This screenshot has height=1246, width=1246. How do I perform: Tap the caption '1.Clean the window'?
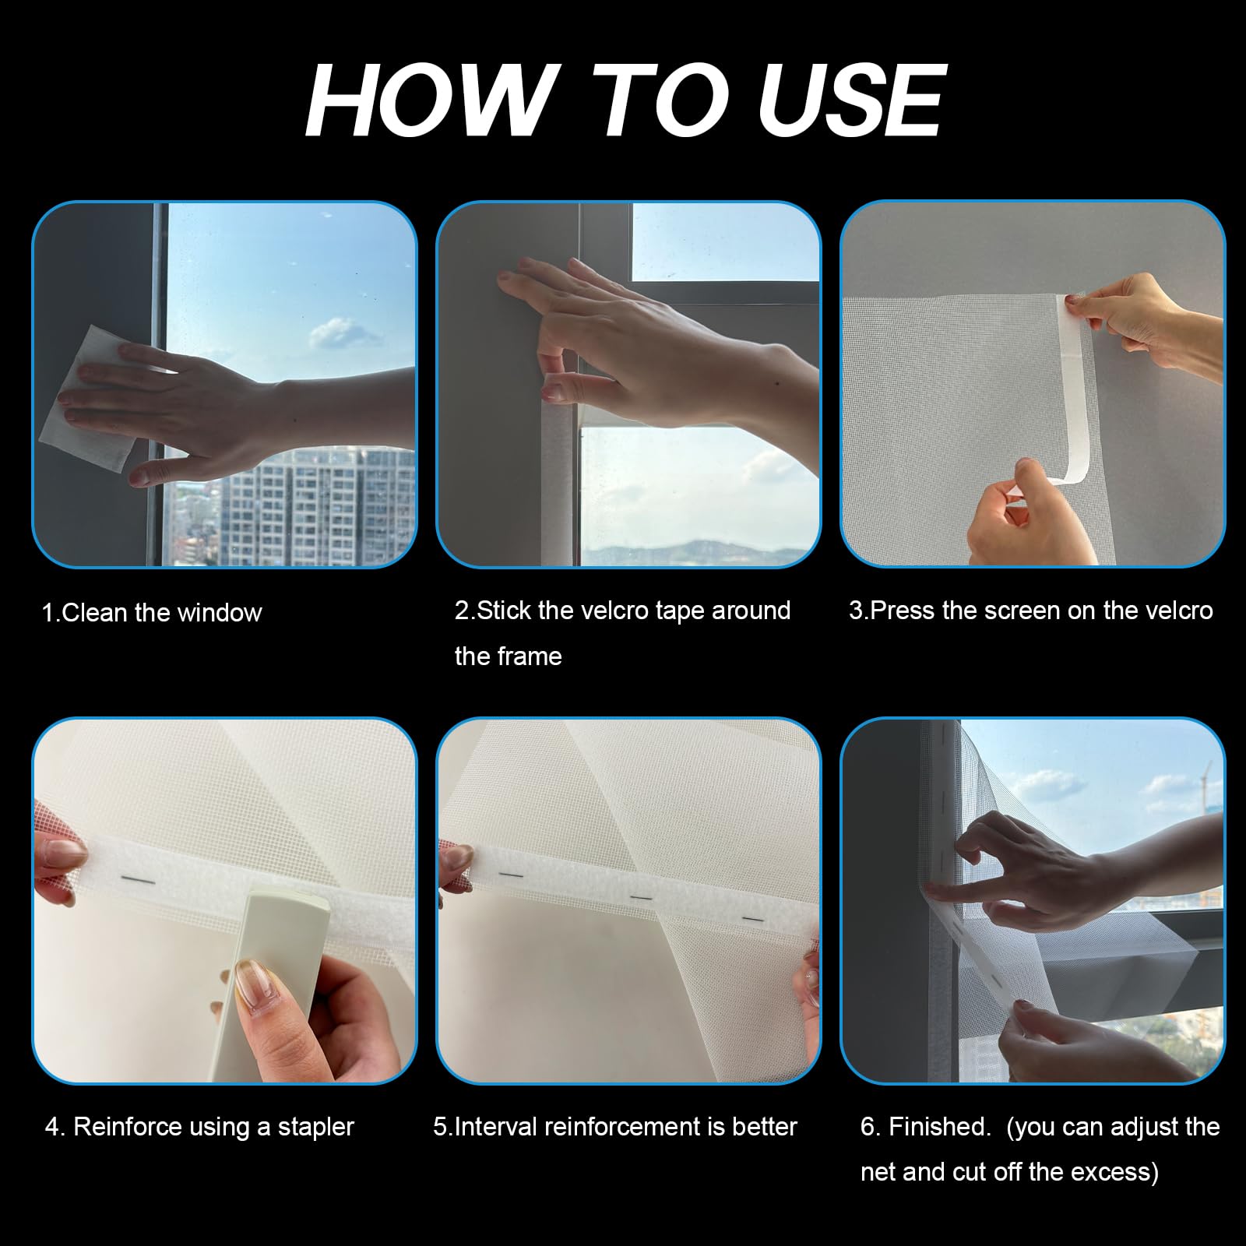(152, 613)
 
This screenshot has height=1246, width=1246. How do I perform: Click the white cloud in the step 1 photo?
(337, 334)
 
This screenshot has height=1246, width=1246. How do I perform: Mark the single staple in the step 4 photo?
(139, 879)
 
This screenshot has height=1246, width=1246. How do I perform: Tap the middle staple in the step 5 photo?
(641, 898)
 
